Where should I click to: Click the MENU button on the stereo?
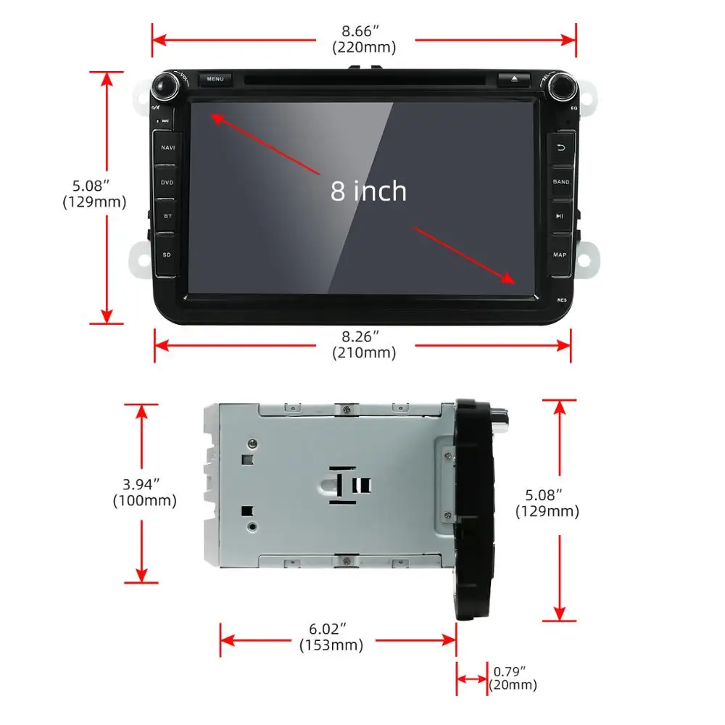tap(215, 79)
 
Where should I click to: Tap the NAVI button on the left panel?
tap(167, 148)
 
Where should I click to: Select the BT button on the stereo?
tap(167, 216)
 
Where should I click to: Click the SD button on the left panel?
tap(167, 254)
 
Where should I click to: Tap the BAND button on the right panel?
tap(561, 182)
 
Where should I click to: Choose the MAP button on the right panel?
tap(560, 254)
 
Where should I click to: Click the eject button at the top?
tap(514, 79)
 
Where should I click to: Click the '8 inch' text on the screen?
tap(368, 191)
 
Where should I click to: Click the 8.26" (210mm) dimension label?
tap(364, 345)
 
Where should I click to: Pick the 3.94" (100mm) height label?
tap(144, 492)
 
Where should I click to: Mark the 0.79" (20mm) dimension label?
tap(513, 678)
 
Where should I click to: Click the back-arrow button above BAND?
tap(560, 148)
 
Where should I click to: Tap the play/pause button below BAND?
tap(560, 216)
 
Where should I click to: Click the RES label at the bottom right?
tap(562, 299)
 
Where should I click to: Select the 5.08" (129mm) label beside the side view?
tap(547, 503)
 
